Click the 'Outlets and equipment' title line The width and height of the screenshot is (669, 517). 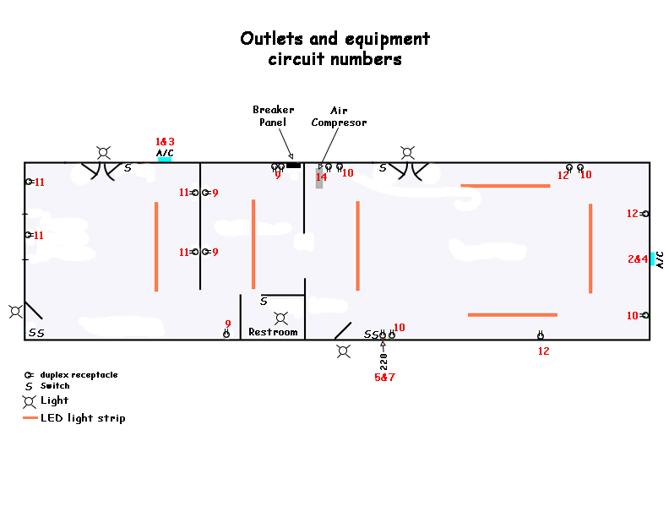click(334, 39)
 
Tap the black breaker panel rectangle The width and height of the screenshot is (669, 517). click(293, 165)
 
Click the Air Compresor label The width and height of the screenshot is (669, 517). click(339, 116)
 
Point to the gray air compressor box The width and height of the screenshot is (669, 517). click(319, 177)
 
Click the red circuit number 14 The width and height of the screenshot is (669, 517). click(321, 177)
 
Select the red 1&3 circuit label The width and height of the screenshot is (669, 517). click(165, 141)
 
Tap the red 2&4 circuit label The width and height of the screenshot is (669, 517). click(637, 258)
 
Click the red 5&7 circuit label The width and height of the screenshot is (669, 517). click(384, 377)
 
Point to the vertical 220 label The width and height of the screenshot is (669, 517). click(383, 361)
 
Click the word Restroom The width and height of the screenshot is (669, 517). click(273, 332)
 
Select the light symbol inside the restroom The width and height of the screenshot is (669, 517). click(282, 318)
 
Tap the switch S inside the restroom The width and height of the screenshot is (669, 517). click(264, 301)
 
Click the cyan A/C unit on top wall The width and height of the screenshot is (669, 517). click(165, 159)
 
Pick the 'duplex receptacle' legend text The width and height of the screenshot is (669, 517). click(79, 374)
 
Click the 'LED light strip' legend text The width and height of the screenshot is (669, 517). click(83, 418)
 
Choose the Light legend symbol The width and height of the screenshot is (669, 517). click(29, 400)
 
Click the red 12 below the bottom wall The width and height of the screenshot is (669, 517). click(543, 351)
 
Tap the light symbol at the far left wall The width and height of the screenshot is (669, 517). click(15, 311)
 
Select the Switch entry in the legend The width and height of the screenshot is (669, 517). click(55, 386)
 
